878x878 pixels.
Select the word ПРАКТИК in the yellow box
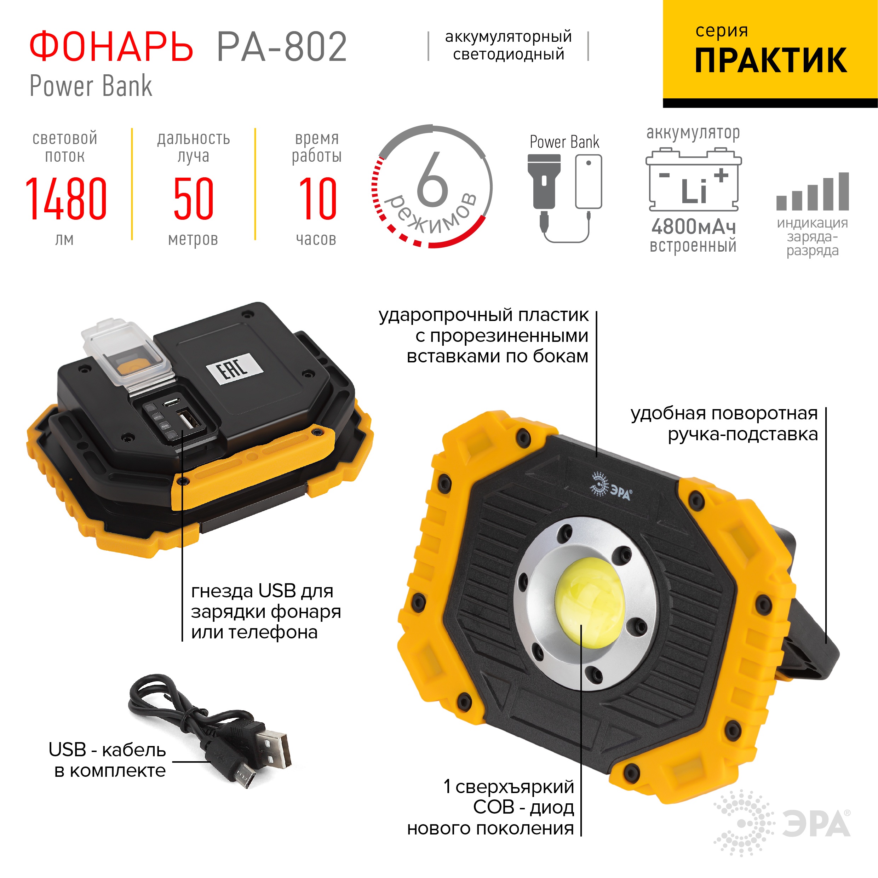point(770,61)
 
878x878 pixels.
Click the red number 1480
point(66,199)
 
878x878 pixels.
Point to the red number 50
point(193,199)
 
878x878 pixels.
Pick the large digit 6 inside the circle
point(432,179)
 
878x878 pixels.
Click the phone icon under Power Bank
point(588,182)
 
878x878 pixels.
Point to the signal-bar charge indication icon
point(812,192)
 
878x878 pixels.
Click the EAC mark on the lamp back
point(235,368)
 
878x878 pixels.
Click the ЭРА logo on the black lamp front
point(611,486)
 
